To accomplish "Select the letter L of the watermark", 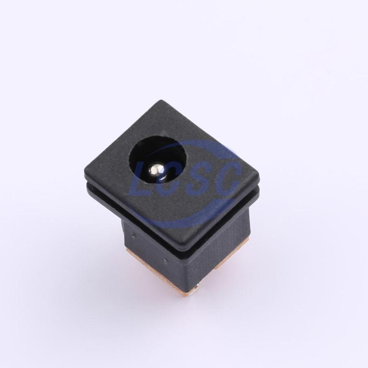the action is pyautogui.click(x=141, y=181).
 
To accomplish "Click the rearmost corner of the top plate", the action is pyautogui.click(x=162, y=101).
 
